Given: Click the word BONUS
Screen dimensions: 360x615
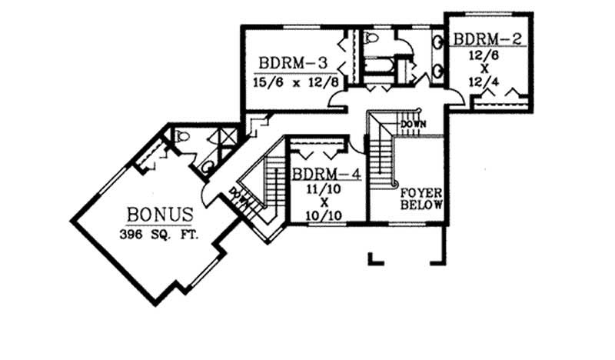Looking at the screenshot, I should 158,213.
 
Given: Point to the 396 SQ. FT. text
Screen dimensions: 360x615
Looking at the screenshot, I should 158,234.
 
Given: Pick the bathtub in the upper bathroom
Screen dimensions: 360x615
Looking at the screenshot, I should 377,66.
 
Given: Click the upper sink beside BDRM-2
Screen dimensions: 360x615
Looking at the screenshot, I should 438,43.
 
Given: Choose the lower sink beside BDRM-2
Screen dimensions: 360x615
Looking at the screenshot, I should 438,72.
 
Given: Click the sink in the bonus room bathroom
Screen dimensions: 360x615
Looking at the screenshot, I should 207,165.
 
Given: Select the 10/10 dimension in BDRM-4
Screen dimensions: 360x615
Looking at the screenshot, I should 324,215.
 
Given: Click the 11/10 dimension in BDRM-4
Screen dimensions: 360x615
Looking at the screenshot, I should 324,188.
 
